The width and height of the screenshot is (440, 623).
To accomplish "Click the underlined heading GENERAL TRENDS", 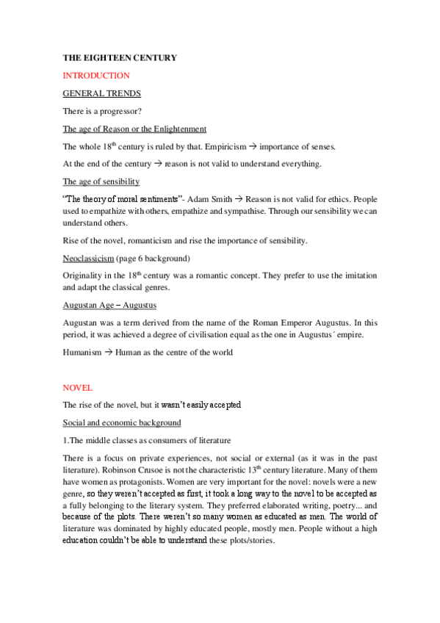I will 102,93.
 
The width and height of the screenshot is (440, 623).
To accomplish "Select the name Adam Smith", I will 209,199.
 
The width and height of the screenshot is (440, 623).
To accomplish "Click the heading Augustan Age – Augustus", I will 109,305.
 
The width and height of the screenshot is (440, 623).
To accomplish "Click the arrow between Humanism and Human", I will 107,352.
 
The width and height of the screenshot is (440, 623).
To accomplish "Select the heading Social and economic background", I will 122,422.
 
